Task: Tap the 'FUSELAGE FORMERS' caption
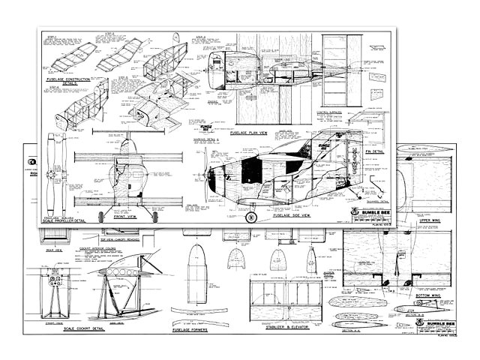189,329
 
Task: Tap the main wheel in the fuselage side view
251,217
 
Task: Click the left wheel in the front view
103,215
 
